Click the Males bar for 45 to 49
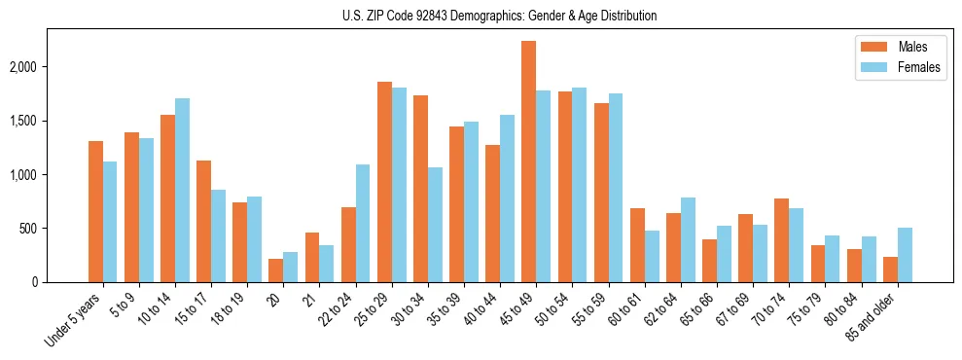click(529, 162)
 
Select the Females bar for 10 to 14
click(182, 191)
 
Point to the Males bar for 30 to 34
click(420, 189)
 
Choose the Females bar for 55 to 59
click(616, 188)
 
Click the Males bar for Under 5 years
click(95, 212)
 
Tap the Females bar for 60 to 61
click(652, 257)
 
